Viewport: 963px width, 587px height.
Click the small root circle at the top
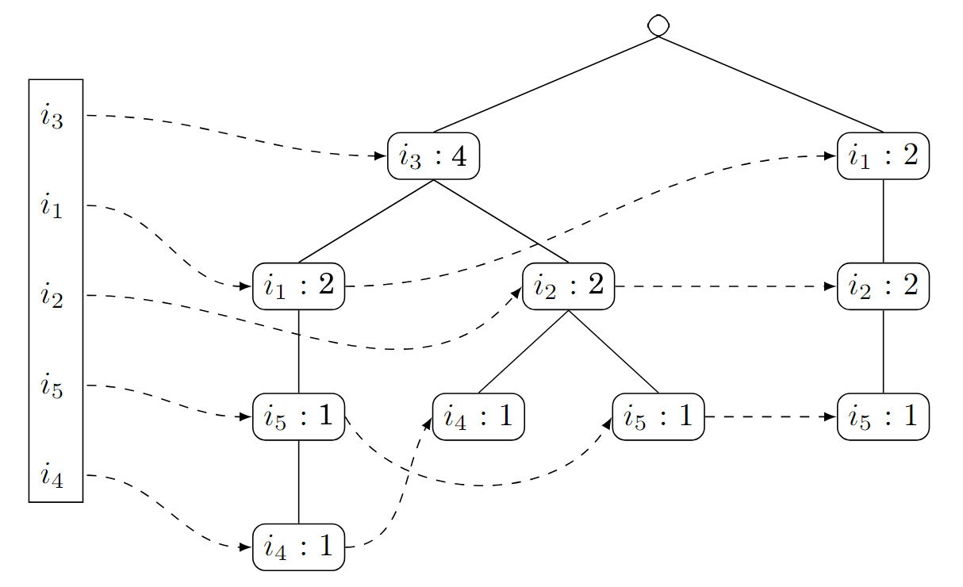(658, 25)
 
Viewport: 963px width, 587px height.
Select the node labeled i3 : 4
(433, 156)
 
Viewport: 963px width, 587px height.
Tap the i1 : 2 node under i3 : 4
(298, 286)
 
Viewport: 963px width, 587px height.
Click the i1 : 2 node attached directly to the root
(883, 156)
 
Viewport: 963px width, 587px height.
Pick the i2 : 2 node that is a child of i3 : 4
(568, 286)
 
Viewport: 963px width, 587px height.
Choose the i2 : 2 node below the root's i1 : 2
(883, 286)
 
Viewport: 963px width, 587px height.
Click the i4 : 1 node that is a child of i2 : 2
(478, 416)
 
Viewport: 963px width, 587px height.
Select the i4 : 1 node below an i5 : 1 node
(298, 547)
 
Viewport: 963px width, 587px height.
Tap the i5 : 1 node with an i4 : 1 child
(298, 416)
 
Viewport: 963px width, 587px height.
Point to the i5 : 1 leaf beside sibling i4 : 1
(658, 416)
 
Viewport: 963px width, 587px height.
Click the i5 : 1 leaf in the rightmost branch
(883, 416)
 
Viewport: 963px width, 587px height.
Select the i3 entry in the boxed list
(52, 117)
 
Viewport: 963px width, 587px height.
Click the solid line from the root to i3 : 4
(546, 84)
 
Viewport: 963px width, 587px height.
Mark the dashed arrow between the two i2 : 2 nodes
(726, 286)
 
